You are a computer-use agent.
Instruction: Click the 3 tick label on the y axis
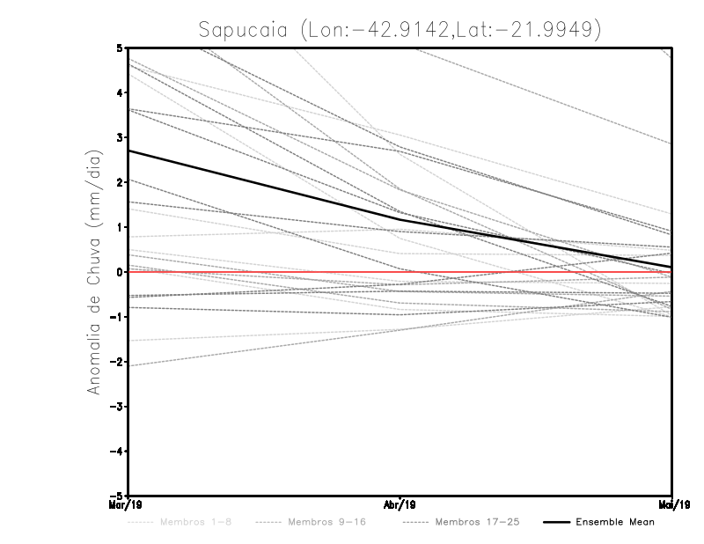click(x=119, y=137)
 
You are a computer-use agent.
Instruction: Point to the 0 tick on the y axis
click(x=119, y=272)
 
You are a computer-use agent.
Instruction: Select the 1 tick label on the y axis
click(x=119, y=227)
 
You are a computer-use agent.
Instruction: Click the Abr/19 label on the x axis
click(x=400, y=504)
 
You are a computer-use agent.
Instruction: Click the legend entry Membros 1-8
click(x=191, y=523)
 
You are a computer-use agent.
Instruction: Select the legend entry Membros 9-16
click(x=326, y=523)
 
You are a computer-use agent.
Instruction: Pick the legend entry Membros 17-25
click(x=477, y=523)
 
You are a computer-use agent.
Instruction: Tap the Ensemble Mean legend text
click(x=614, y=523)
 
